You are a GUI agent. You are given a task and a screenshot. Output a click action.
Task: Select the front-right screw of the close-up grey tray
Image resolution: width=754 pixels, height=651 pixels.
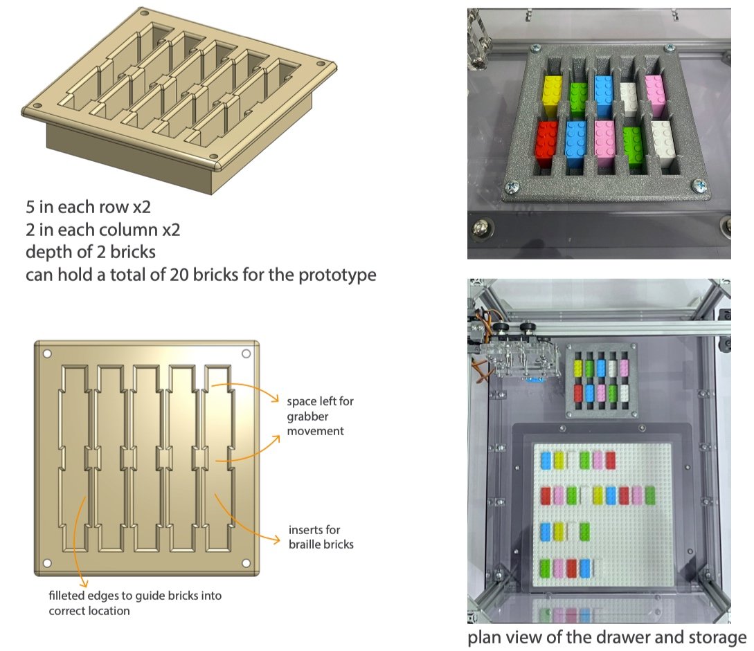[x=699, y=185]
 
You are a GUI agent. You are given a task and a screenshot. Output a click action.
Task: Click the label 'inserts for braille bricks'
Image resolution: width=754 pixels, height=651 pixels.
[x=321, y=538]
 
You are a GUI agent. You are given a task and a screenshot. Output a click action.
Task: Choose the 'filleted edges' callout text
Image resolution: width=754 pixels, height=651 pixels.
[x=135, y=602]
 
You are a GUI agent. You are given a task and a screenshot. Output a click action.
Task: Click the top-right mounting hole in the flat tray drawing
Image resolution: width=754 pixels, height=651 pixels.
[x=246, y=354]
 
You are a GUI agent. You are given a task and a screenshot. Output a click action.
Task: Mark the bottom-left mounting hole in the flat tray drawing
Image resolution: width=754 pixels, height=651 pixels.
[x=48, y=562]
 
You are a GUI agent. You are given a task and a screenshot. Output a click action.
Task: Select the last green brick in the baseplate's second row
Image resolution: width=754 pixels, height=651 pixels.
[x=650, y=495]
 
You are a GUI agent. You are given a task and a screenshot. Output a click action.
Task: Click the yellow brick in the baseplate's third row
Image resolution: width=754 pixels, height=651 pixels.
[x=559, y=531]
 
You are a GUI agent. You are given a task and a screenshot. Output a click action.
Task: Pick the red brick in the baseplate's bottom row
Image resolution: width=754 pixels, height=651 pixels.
[x=572, y=568]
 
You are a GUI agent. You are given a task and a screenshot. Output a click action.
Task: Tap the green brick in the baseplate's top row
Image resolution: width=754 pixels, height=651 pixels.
[x=586, y=460]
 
